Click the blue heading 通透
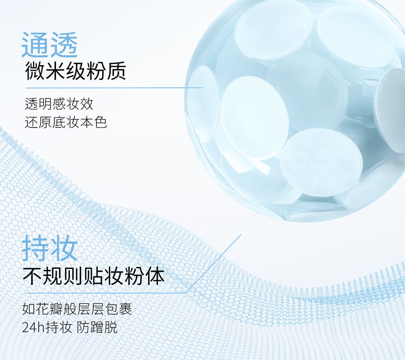49,45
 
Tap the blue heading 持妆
49,248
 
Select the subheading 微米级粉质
76,71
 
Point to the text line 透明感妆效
59,104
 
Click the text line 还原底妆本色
66,122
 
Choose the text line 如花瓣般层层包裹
77,309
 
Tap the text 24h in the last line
34,327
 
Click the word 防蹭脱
97,327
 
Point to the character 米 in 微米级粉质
55,71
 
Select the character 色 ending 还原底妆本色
100,122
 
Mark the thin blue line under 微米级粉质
114,88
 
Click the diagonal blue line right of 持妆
213,264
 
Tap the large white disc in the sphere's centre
254,117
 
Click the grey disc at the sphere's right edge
390,110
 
